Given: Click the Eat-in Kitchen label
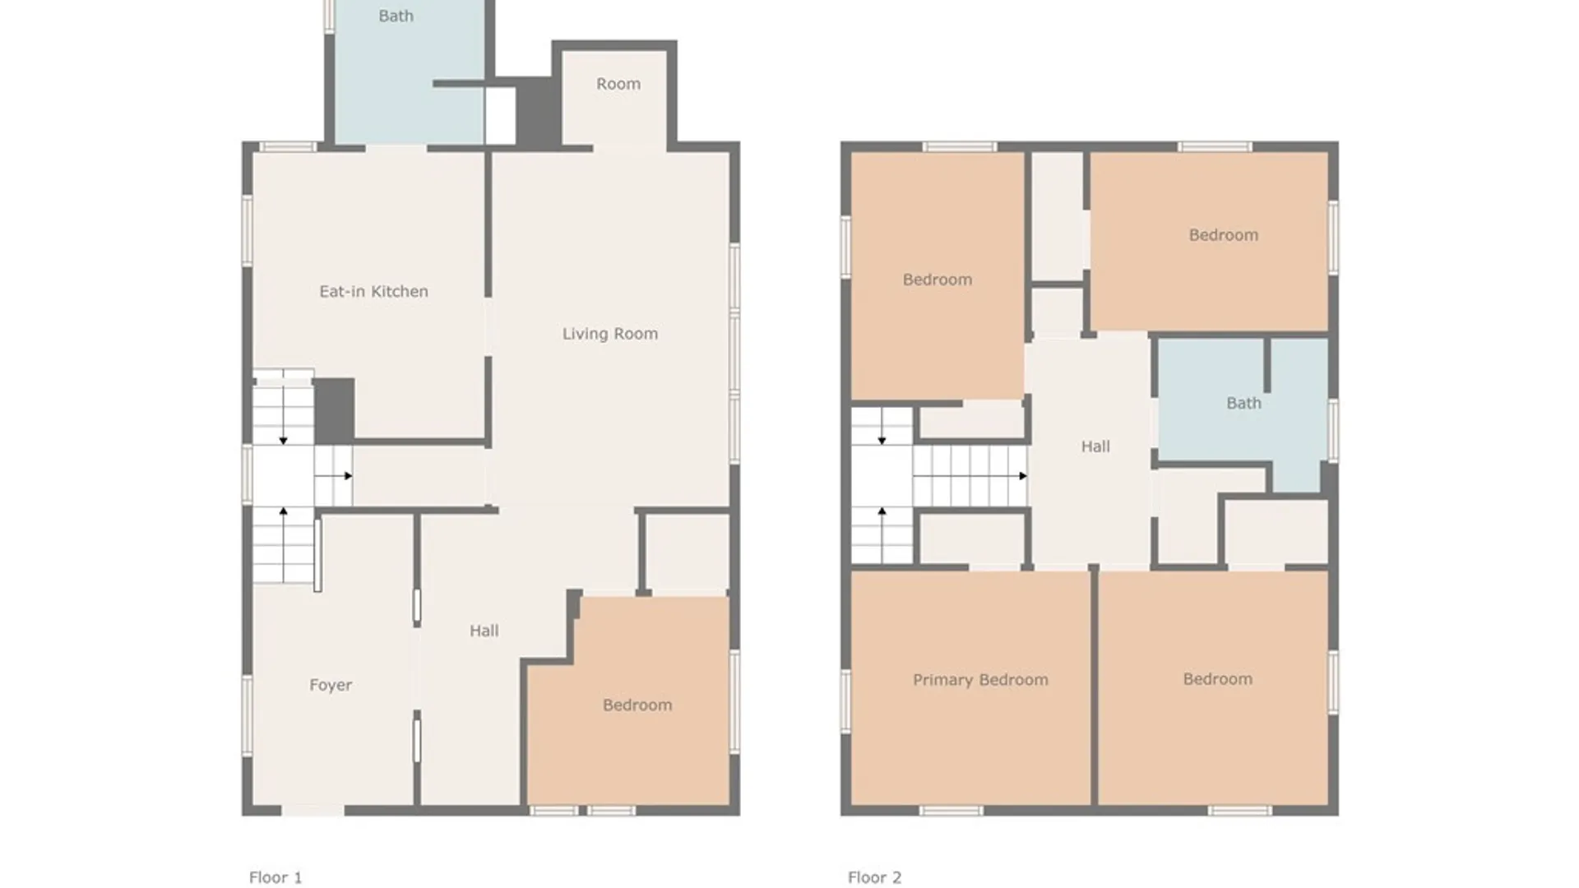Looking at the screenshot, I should pyautogui.click(x=373, y=291).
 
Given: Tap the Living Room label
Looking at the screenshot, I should pyautogui.click(x=609, y=333).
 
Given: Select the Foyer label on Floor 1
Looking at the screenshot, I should pyautogui.click(x=331, y=685).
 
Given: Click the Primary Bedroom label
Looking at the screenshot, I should pyautogui.click(x=980, y=680).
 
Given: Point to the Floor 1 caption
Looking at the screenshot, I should pyautogui.click(x=276, y=877).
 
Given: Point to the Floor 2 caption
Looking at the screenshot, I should pyautogui.click(x=874, y=877).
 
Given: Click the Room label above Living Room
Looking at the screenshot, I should pyautogui.click(x=618, y=84).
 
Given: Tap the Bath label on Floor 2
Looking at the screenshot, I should pyautogui.click(x=1243, y=403).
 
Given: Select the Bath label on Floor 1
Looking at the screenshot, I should pyautogui.click(x=396, y=16).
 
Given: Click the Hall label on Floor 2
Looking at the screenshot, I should pyautogui.click(x=1095, y=446).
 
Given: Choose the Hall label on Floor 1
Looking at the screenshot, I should pyautogui.click(x=484, y=631).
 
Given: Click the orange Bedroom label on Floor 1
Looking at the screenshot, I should pyautogui.click(x=637, y=705).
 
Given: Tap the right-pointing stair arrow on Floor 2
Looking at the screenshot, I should pyautogui.click(x=1021, y=476).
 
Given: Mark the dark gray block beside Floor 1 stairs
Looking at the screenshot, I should pyautogui.click(x=334, y=409).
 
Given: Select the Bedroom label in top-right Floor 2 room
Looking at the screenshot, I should pyautogui.click(x=1223, y=235).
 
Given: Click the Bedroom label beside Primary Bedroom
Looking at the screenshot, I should pyautogui.click(x=1217, y=679).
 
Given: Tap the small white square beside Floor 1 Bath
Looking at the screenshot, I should pyautogui.click(x=499, y=115).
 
